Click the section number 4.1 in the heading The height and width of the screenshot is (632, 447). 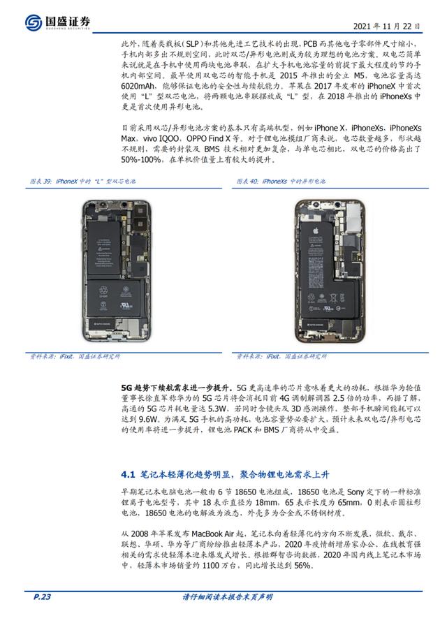click(129, 474)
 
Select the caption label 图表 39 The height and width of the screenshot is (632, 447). click(36, 181)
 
